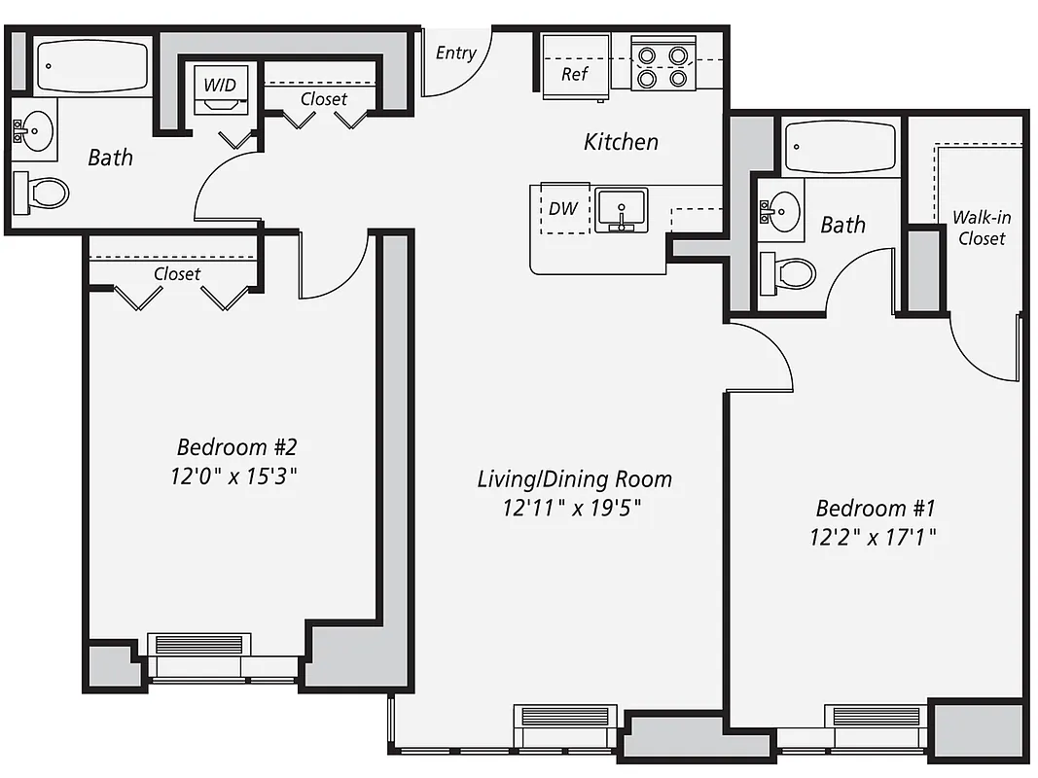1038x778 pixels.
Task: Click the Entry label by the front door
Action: click(455, 53)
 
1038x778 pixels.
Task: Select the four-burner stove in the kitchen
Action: click(663, 64)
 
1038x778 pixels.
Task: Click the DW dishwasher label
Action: click(562, 209)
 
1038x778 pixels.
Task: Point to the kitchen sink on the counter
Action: click(621, 211)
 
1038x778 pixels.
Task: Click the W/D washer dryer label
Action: click(220, 85)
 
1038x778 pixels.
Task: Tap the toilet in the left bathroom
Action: click(42, 193)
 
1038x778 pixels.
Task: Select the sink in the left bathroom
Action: click(36, 129)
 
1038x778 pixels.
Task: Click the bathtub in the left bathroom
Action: click(91, 66)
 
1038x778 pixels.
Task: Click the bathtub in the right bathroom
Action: click(840, 147)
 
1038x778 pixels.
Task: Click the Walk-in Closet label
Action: click(980, 229)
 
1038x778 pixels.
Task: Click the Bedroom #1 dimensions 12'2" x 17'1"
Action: click(875, 537)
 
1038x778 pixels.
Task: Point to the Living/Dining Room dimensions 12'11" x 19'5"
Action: click(574, 507)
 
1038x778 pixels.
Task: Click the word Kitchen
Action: click(621, 142)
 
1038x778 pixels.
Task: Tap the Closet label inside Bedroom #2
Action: click(177, 274)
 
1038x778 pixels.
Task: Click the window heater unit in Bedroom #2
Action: click(199, 644)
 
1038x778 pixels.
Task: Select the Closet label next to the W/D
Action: click(323, 99)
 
